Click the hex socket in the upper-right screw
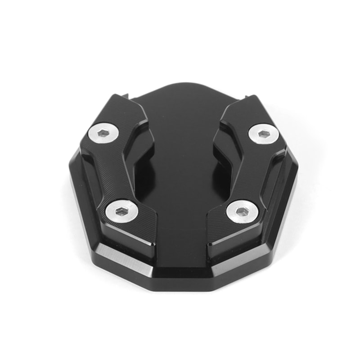pos(263,133)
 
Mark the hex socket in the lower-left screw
pos(120,210)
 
